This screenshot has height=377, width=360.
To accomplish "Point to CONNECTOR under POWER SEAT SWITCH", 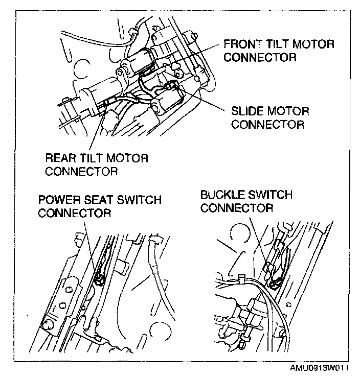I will [74, 213].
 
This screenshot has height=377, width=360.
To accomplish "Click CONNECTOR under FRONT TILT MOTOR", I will [260, 57].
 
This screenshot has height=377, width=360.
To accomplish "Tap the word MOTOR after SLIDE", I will [289, 111].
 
